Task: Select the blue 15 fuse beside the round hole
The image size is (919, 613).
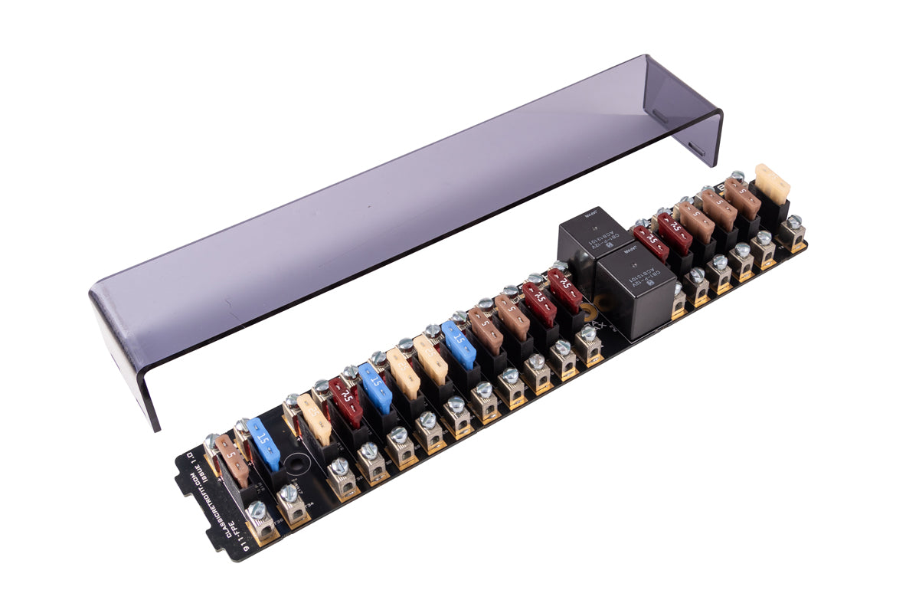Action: pyautogui.click(x=264, y=442)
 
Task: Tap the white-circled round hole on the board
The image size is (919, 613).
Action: pyautogui.click(x=295, y=463)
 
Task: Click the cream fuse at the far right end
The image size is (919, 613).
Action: pyautogui.click(x=772, y=184)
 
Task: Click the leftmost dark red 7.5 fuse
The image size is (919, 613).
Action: pyautogui.click(x=347, y=401)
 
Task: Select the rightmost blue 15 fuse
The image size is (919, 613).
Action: pyautogui.click(x=459, y=345)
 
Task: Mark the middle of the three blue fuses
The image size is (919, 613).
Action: pyautogui.click(x=376, y=387)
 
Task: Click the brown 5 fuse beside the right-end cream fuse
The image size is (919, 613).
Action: pyautogui.click(x=742, y=197)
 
